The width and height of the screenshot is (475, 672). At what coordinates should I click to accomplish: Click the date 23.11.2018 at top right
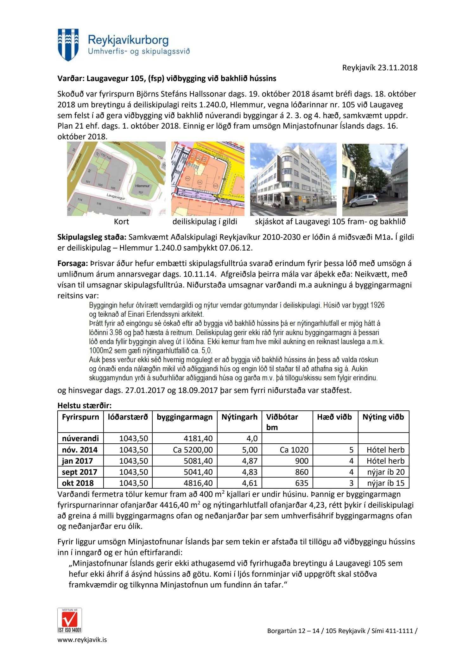pos(397,67)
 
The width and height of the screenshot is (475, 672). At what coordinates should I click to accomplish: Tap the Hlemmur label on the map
pos(142,186)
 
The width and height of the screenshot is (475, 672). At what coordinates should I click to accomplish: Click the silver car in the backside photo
pos(364,200)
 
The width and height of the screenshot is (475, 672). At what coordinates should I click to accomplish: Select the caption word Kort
pos(121,222)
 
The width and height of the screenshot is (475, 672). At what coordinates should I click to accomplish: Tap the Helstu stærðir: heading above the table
pos(85,405)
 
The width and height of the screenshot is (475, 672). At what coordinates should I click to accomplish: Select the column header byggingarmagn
pos(184,417)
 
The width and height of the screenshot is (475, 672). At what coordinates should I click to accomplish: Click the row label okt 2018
pos(78,483)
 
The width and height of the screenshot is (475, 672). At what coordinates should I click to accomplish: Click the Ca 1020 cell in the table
pos(294,450)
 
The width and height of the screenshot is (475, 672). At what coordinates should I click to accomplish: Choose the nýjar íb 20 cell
pos(386,472)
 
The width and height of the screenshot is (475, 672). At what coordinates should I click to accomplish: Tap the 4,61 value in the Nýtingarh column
pos(250,483)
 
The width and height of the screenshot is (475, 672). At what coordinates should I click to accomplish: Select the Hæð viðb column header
pos(334,417)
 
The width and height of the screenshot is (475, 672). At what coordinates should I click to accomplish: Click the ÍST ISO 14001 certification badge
pos(70,620)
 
